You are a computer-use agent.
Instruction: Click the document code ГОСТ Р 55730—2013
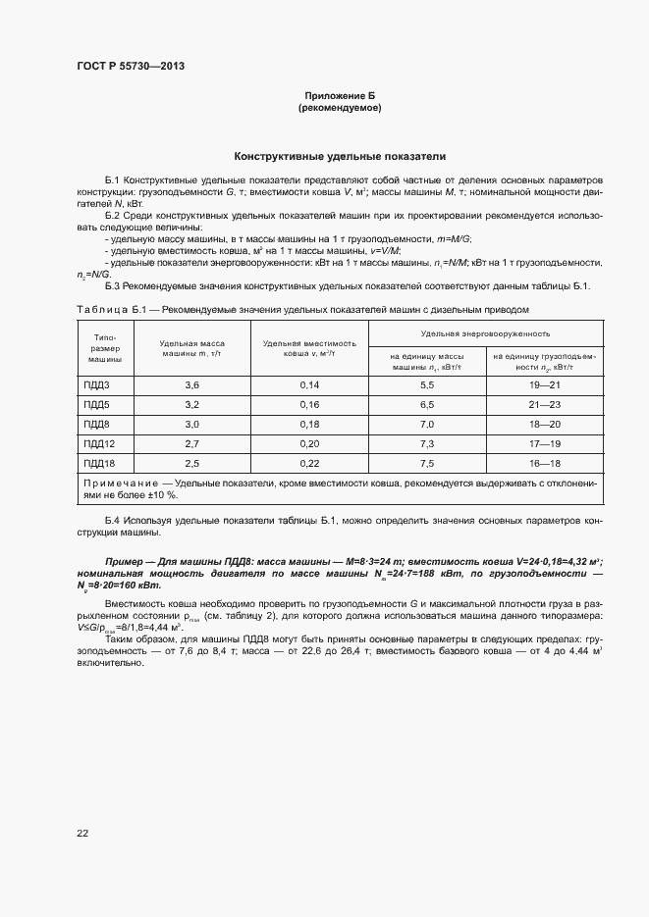pyautogui.click(x=131, y=66)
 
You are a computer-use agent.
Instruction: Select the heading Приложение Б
pyautogui.click(x=340, y=96)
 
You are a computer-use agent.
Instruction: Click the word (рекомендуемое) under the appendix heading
pyautogui.click(x=340, y=108)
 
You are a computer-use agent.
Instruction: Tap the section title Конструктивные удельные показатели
pyautogui.click(x=340, y=156)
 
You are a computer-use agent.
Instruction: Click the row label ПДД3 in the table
pyautogui.click(x=97, y=384)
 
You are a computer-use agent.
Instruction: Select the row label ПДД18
pyautogui.click(x=100, y=463)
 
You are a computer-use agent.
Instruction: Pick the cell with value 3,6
pyautogui.click(x=191, y=384)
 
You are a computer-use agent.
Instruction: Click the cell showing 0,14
pyautogui.click(x=310, y=384)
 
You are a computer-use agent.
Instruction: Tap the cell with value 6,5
pyautogui.click(x=427, y=404)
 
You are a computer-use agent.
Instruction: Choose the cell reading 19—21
pyautogui.click(x=544, y=384)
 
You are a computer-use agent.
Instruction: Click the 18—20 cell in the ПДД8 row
pyautogui.click(x=544, y=424)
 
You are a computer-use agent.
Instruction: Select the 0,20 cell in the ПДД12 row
pyautogui.click(x=310, y=443)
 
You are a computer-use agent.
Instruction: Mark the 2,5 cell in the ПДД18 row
pyautogui.click(x=191, y=463)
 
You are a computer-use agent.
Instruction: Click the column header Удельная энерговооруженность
pyautogui.click(x=485, y=334)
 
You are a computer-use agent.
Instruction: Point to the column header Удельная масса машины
pyautogui.click(x=191, y=348)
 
